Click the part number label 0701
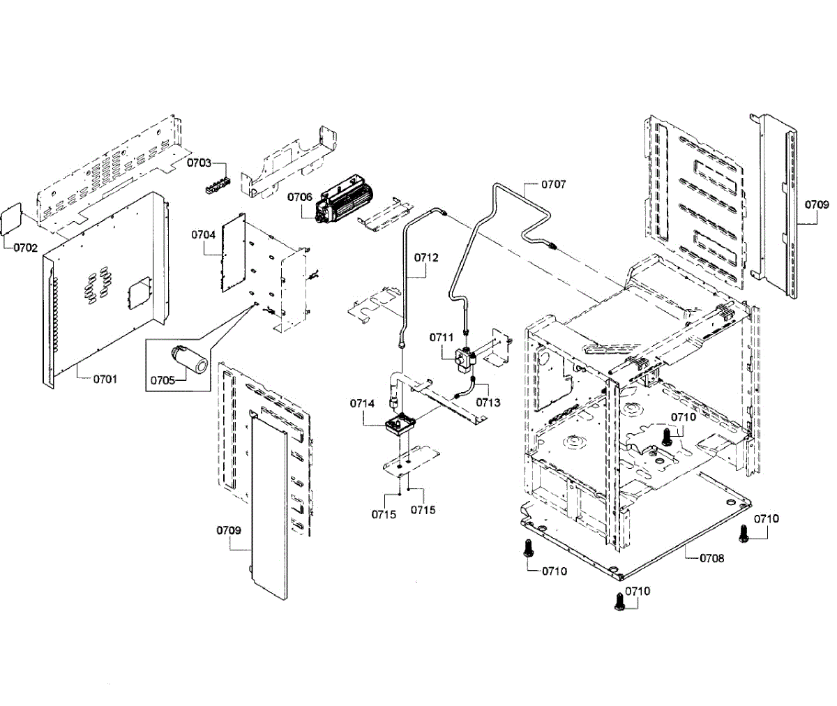pyautogui.click(x=105, y=379)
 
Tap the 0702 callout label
pyautogui.click(x=25, y=248)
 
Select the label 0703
pyautogui.click(x=199, y=163)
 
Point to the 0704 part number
pyautogui.click(x=203, y=234)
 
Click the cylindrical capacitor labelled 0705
pyautogui.click(x=191, y=358)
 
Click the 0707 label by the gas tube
pyautogui.click(x=554, y=184)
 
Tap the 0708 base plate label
pyautogui.click(x=712, y=558)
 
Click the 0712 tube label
pyautogui.click(x=426, y=257)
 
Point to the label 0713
pyautogui.click(x=488, y=402)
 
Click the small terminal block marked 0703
pyautogui.click(x=216, y=186)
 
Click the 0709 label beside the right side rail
pyautogui.click(x=817, y=204)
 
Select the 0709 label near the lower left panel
pyautogui.click(x=229, y=530)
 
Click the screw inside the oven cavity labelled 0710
pyautogui.click(x=666, y=436)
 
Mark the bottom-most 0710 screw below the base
pyautogui.click(x=620, y=601)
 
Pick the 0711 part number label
pyautogui.click(x=442, y=338)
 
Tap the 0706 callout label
pyautogui.click(x=300, y=197)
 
